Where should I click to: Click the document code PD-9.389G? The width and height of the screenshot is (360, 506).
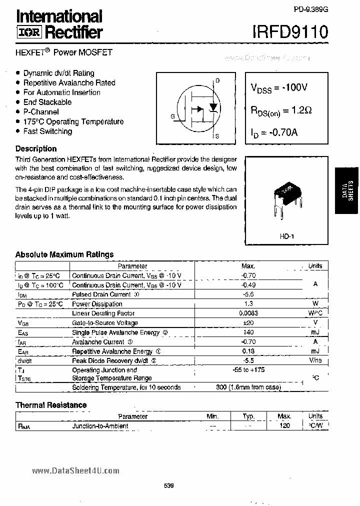click(308, 9)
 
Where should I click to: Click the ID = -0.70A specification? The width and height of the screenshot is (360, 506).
click(274, 133)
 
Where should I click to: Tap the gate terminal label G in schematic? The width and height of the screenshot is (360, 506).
click(172, 116)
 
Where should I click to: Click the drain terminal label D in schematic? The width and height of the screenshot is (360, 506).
click(217, 80)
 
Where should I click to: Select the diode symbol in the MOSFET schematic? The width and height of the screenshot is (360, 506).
click(213, 107)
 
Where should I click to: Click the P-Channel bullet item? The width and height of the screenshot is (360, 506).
click(41, 112)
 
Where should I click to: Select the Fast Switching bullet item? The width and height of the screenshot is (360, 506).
click(47, 131)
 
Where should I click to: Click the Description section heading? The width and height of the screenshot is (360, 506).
click(36, 148)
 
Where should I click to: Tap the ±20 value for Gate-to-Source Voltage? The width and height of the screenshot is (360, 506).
click(248, 323)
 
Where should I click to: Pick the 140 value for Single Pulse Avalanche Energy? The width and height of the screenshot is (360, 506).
click(248, 332)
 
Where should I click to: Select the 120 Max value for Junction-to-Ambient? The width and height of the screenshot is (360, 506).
click(284, 426)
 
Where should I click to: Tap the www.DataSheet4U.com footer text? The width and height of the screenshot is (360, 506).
click(76, 470)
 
